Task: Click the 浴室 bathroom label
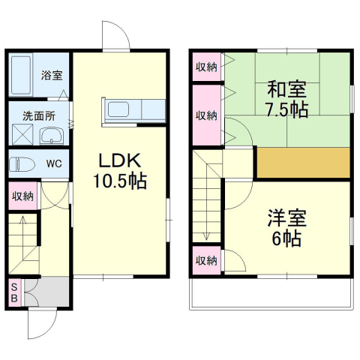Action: pos(52,75)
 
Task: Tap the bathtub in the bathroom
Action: pos(21,75)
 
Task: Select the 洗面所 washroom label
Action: pos(39,116)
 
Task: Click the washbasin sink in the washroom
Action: pos(51,136)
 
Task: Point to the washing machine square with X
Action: pos(22,134)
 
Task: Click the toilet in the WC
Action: pos(22,164)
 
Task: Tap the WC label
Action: pos(54,163)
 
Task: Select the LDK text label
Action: pos(120,160)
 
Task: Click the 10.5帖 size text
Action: pos(120,181)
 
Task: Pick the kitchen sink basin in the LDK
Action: pos(118,109)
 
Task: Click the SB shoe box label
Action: pos(14,292)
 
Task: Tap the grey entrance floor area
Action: pos(47,292)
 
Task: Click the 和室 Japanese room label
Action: pos(286,89)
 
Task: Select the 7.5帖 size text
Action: pos(286,109)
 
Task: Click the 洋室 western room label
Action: pos(286,218)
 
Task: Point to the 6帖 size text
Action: pos(286,238)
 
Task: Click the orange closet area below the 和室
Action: pos(303,163)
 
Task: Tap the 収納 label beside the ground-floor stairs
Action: pos(22,196)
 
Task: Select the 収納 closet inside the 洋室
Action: pos(206,261)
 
